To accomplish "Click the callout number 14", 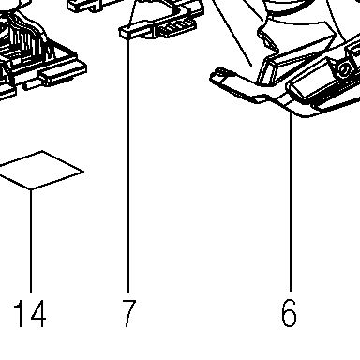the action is tap(30, 313).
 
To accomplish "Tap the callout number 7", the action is tap(128, 313).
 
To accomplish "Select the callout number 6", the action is tap(289, 313).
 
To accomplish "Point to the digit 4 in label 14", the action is tap(37, 313).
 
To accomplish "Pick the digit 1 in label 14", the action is tap(20, 313).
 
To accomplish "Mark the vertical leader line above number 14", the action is tap(31, 241).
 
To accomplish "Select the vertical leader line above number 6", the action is tap(291, 202).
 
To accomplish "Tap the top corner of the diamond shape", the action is tap(42, 151).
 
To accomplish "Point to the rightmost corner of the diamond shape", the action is tap(83, 172).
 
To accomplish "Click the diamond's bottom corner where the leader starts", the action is tap(31, 189).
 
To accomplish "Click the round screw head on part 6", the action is tap(343, 70).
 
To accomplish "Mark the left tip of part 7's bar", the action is tap(120, 33).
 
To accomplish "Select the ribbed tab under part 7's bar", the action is tap(174, 29).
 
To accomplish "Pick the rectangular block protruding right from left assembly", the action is tap(62, 74).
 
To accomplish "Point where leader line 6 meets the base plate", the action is tap(291, 113).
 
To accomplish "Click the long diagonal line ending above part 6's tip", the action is tap(232, 33).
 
